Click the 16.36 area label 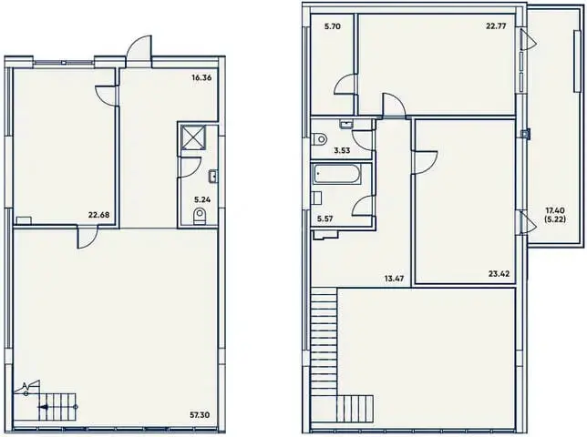(201, 78)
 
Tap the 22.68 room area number (98, 215)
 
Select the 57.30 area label (200, 415)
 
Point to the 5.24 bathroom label (202, 199)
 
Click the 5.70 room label (333, 26)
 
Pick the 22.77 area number (497, 26)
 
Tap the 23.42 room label (499, 274)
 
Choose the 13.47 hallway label (394, 279)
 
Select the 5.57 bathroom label (324, 219)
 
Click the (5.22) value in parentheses (555, 219)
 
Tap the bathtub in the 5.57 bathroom (337, 174)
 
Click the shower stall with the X (193, 137)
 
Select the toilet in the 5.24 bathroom (200, 217)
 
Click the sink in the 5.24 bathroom (213, 177)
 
